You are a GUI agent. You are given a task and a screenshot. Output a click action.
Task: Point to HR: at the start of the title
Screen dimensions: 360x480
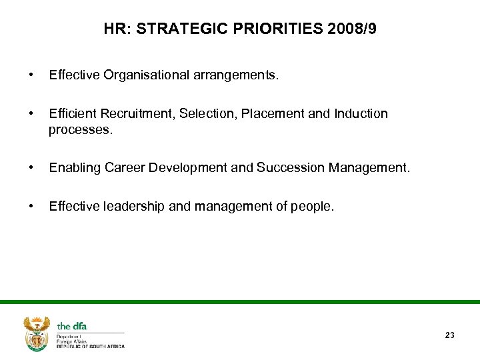click(119, 29)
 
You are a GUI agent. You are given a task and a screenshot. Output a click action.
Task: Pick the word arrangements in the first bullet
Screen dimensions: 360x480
click(236, 75)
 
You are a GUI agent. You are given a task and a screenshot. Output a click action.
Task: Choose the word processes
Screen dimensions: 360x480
click(81, 129)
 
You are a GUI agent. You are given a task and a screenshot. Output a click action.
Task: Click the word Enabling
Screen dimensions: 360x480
click(75, 168)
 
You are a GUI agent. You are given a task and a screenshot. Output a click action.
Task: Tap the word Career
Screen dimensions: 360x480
click(125, 168)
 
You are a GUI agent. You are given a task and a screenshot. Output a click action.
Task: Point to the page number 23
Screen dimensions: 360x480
click(449, 335)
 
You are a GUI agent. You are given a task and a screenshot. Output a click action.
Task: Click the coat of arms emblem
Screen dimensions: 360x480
click(37, 333)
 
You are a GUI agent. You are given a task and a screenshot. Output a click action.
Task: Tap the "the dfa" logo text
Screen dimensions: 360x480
click(72, 326)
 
